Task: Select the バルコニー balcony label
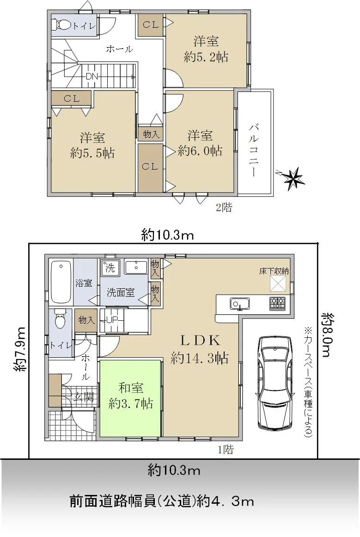click(x=254, y=150)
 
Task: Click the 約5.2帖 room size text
click(x=206, y=56)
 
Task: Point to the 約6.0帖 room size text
click(x=200, y=150)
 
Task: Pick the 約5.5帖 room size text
click(x=92, y=153)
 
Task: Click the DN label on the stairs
click(x=92, y=76)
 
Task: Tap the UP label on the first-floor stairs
click(x=112, y=320)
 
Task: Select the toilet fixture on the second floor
click(x=61, y=24)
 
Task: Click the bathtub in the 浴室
click(x=61, y=282)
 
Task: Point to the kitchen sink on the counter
click(x=239, y=304)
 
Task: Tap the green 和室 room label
click(x=130, y=388)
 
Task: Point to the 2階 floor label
click(x=224, y=207)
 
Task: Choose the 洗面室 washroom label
click(x=121, y=293)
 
